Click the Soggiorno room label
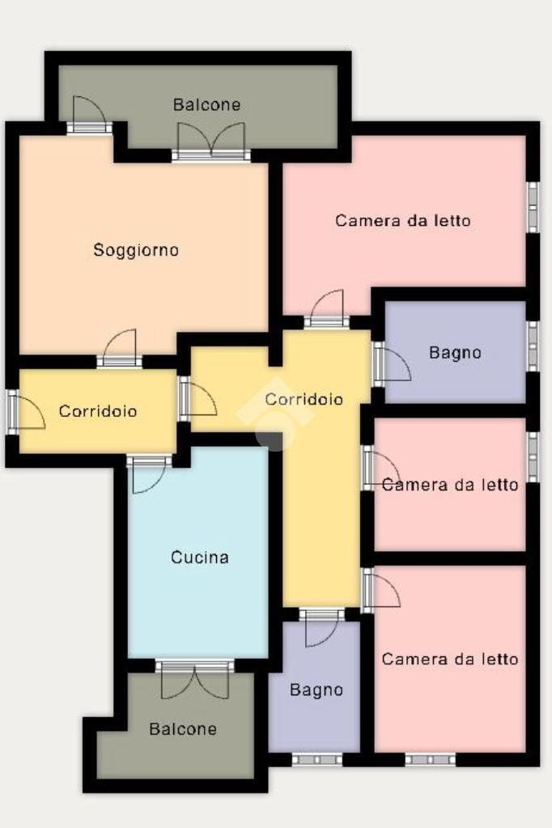136,250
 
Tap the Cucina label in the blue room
200,557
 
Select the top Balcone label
206,104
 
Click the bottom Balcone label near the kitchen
183,729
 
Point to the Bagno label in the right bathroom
455,353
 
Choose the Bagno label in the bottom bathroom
316,690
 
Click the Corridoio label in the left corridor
98,411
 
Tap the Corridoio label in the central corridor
304,399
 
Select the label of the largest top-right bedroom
402,220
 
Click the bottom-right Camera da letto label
449,659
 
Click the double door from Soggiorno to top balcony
211,141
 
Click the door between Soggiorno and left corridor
119,349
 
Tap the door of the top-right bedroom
326,309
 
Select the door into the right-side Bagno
392,364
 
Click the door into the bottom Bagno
321,627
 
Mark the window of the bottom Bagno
317,759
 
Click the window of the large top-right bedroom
533,207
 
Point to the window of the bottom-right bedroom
430,759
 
